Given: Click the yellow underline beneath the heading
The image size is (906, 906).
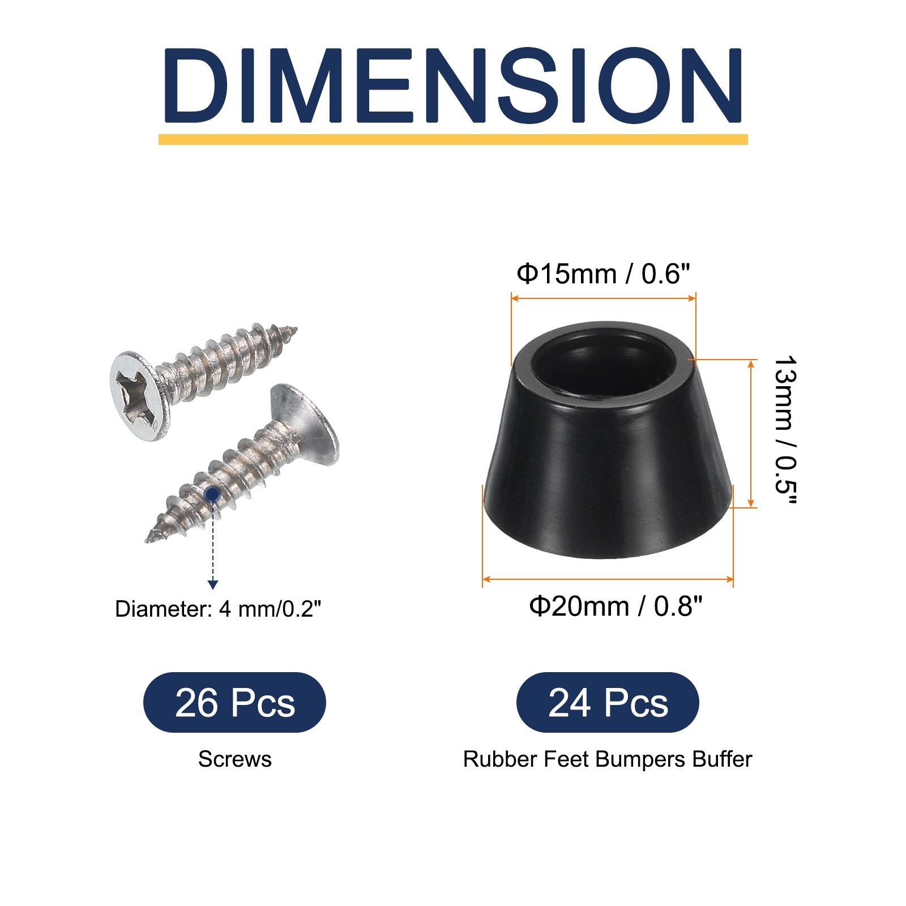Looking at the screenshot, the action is tap(453, 139).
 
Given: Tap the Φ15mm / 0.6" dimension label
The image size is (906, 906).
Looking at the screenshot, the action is tap(604, 274).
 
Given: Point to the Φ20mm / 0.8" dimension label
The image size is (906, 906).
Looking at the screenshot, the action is tap(616, 606).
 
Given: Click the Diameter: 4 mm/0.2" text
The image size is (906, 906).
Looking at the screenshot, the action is tap(218, 609).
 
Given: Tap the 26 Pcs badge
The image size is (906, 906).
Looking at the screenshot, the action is tap(234, 703).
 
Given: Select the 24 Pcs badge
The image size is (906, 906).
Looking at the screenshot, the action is tap(608, 703).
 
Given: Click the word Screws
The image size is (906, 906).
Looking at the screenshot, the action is tap(234, 759).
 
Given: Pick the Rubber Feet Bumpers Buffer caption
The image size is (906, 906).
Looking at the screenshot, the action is tap(608, 759).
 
